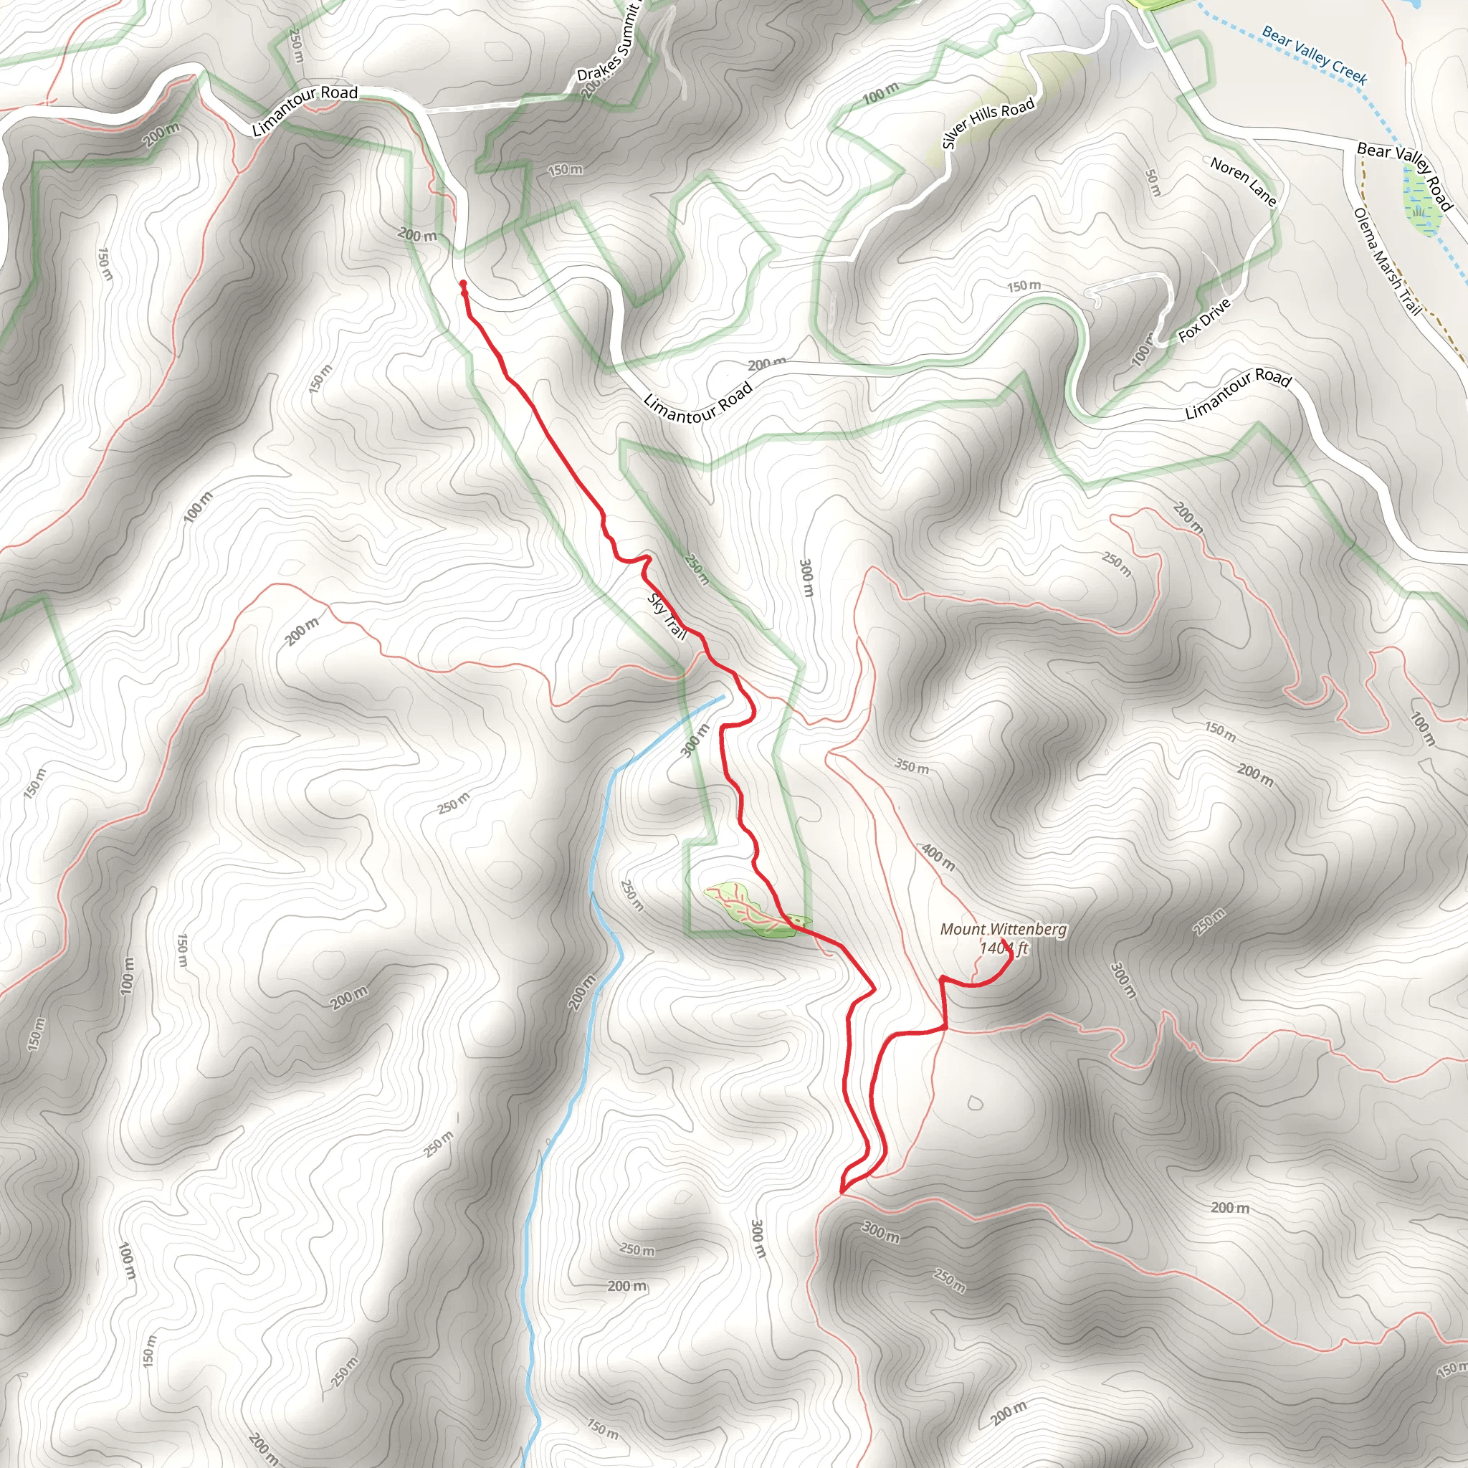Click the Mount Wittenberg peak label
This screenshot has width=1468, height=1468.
pyautogui.click(x=1003, y=928)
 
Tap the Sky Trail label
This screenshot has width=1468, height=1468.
pyautogui.click(x=667, y=616)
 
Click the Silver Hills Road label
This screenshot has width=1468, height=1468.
pyautogui.click(x=988, y=123)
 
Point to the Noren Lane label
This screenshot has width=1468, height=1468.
pyautogui.click(x=1243, y=181)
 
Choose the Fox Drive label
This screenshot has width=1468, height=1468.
pyautogui.click(x=1204, y=320)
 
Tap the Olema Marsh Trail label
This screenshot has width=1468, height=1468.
pyautogui.click(x=1387, y=261)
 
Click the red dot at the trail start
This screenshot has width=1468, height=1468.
pyautogui.click(x=463, y=284)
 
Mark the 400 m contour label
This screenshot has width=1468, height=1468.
pyautogui.click(x=938, y=857)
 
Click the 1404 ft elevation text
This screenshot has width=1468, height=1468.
pyautogui.click(x=1003, y=948)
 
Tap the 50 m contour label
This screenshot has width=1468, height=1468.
pyautogui.click(x=1153, y=182)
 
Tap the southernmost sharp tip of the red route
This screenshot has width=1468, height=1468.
pyautogui.click(x=841, y=1192)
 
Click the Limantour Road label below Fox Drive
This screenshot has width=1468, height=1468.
pyautogui.click(x=1239, y=393)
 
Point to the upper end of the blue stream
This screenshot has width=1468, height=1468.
pyautogui.click(x=722, y=697)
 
